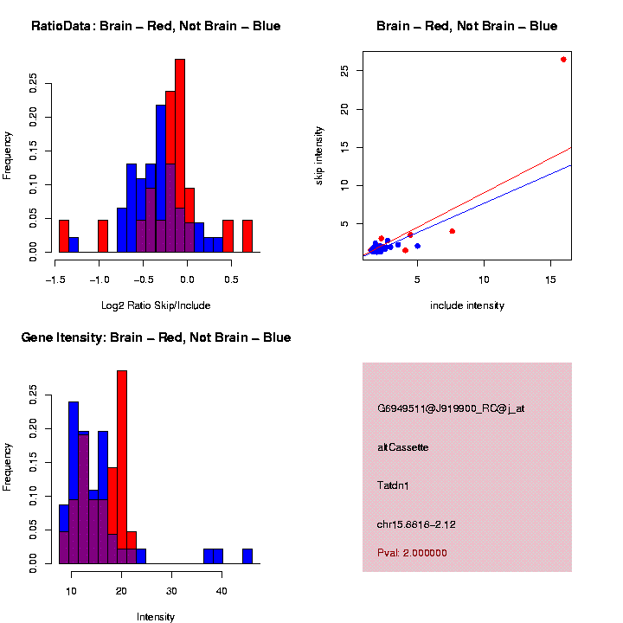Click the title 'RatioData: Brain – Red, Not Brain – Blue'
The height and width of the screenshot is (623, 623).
click(156, 27)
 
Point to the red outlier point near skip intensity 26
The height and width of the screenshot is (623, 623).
click(563, 60)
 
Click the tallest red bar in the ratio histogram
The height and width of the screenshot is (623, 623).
click(180, 156)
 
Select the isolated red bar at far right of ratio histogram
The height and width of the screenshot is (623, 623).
click(247, 236)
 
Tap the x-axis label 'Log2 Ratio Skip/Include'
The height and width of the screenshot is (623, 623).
click(156, 305)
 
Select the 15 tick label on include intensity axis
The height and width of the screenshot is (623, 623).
click(550, 279)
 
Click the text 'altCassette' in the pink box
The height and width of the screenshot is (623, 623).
click(403, 447)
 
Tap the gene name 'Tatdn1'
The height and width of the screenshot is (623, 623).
click(394, 485)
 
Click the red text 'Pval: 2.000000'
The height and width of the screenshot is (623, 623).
click(413, 553)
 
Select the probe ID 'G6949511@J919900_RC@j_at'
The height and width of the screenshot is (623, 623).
click(451, 408)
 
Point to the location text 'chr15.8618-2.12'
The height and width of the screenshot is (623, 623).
click(416, 524)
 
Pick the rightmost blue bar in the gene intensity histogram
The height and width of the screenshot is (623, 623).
click(247, 556)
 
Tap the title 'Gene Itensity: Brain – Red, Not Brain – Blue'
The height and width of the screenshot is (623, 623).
click(156, 337)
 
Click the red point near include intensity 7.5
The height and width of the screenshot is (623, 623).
click(452, 231)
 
